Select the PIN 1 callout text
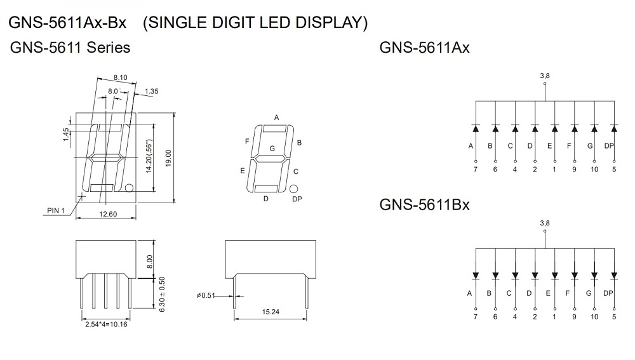[x=56, y=210]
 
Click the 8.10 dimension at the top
[x=120, y=77]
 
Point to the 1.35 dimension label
[x=152, y=91]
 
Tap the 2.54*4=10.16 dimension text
[x=106, y=324]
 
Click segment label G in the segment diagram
[x=272, y=148]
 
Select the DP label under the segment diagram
[x=297, y=199]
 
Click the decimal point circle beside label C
[x=293, y=189]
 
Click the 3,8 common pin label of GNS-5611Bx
[x=544, y=223]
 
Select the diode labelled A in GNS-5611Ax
[x=476, y=128]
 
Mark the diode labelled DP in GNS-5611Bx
[x=614, y=276]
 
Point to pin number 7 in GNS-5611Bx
[x=476, y=316]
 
